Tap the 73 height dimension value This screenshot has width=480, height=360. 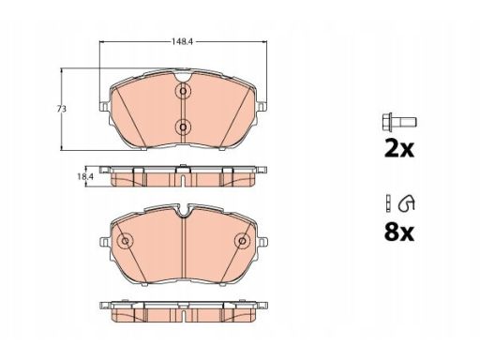pos(62,109)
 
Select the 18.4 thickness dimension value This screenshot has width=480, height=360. pos(85,176)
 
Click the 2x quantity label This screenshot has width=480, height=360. pos(399,149)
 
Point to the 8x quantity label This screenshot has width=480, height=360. pos(399,232)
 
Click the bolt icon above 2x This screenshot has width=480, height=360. pos(399,122)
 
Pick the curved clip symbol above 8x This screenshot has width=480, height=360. pos(407,203)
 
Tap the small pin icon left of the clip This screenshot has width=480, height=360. pos(388,203)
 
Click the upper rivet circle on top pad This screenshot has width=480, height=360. pos(183,91)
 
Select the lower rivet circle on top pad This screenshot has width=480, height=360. pos(183,127)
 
